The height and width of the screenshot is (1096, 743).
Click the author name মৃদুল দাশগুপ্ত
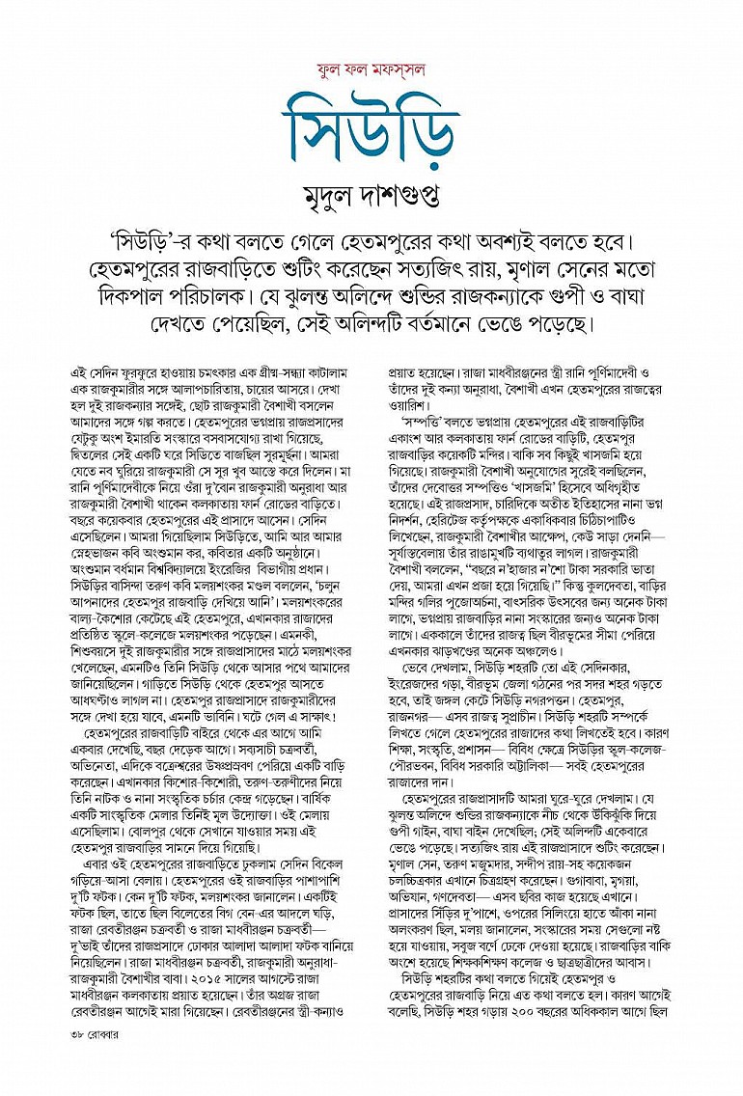pyautogui.click(x=371, y=197)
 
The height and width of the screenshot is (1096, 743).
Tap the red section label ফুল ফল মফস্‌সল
pyautogui.click(x=371, y=68)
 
